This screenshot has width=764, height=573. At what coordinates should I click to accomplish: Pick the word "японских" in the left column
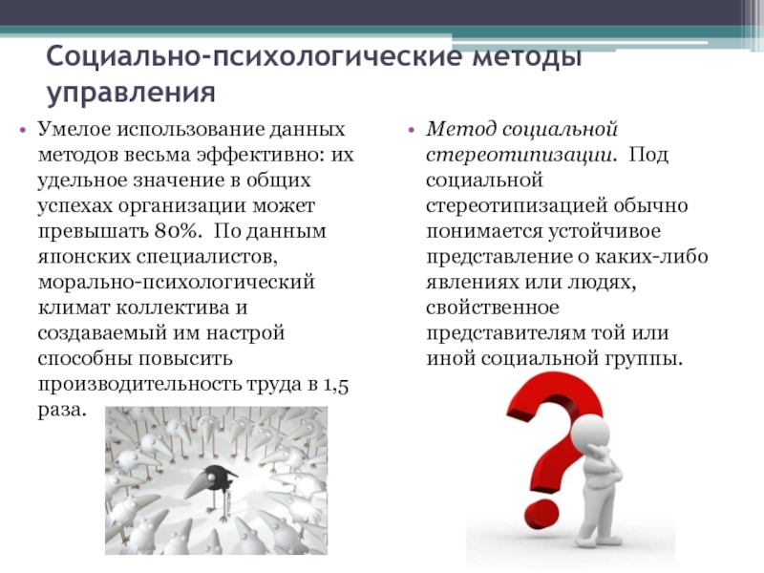coord(77,258)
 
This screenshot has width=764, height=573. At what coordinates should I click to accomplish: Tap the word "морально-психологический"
coord(175,284)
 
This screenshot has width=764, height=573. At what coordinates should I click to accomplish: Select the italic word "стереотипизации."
coord(520,155)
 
